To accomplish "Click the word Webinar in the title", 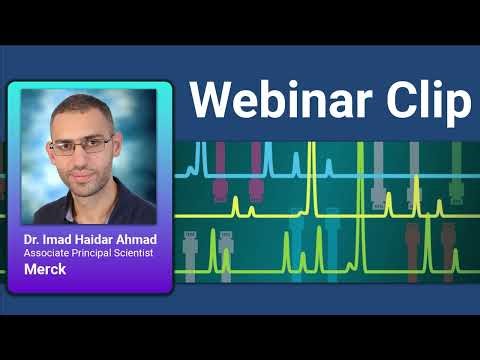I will coord(289,100).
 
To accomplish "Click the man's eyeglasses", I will coord(81,146).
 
